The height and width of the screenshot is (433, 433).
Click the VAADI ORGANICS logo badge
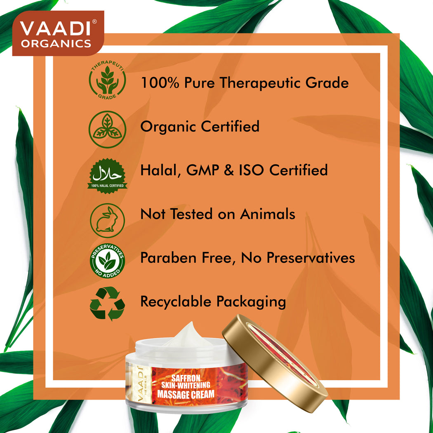click(x=58, y=33)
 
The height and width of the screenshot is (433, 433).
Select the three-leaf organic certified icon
click(x=107, y=129)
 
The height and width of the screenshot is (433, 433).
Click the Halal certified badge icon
click(x=107, y=176)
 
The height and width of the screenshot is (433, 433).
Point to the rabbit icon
click(x=107, y=220)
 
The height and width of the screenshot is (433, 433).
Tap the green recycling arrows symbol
click(x=107, y=304)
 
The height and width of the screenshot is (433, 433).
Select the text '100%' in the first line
click(x=160, y=83)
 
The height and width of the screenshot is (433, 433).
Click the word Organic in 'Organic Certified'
click(x=168, y=127)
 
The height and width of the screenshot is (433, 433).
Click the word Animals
click(x=268, y=214)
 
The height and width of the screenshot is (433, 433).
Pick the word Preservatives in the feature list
click(x=311, y=258)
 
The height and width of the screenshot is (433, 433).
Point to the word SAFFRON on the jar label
click(x=186, y=378)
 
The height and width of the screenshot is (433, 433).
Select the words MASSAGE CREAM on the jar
click(x=186, y=394)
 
